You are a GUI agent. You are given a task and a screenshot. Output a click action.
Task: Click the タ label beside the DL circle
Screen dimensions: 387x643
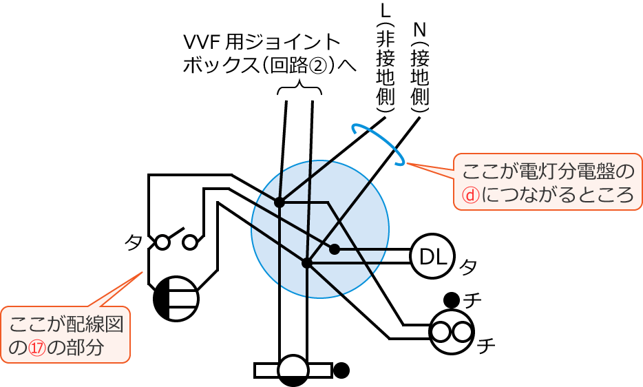[468, 265]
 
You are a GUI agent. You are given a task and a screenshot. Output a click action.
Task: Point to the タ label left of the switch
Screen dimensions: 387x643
[134, 242]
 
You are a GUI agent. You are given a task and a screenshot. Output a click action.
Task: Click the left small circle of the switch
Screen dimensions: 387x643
[162, 242]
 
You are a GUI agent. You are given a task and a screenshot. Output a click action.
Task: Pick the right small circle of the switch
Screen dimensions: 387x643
[190, 242]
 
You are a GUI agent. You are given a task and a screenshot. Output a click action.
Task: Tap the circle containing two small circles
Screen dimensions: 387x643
[452, 332]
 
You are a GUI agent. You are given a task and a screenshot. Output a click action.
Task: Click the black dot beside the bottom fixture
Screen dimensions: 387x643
[341, 370]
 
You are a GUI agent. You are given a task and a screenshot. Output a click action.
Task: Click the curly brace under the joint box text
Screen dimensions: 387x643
[300, 90]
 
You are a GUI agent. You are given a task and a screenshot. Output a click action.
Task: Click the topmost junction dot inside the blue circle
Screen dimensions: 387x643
[280, 202]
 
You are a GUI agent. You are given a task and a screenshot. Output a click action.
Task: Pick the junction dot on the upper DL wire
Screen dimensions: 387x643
[335, 249]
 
